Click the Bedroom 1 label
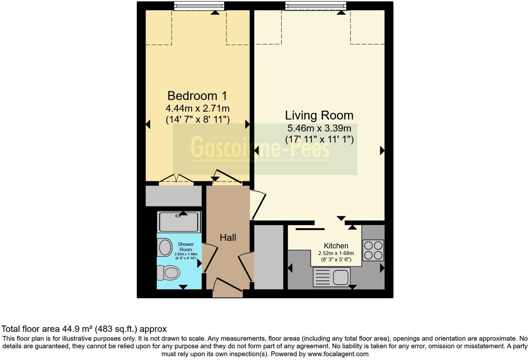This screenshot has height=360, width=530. click(x=197, y=96)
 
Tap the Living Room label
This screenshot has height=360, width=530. click(x=319, y=115)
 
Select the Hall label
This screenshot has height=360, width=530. click(x=228, y=238)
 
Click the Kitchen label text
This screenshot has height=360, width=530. click(x=336, y=246)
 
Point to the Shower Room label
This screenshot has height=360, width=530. click(x=185, y=247)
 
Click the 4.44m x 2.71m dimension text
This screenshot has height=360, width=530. click(x=197, y=108)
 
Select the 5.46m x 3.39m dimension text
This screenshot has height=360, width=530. click(x=319, y=128)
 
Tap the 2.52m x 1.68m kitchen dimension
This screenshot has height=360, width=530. click(x=336, y=253)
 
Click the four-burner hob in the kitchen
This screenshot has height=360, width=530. click(x=373, y=250)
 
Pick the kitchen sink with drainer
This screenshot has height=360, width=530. click(x=332, y=277)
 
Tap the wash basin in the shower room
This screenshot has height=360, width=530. click(x=165, y=248)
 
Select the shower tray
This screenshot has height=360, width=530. click(x=179, y=222)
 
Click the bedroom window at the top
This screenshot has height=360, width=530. click(x=199, y=5)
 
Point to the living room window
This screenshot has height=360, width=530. click(x=316, y=5)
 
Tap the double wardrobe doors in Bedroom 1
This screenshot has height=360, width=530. click(x=176, y=179)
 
